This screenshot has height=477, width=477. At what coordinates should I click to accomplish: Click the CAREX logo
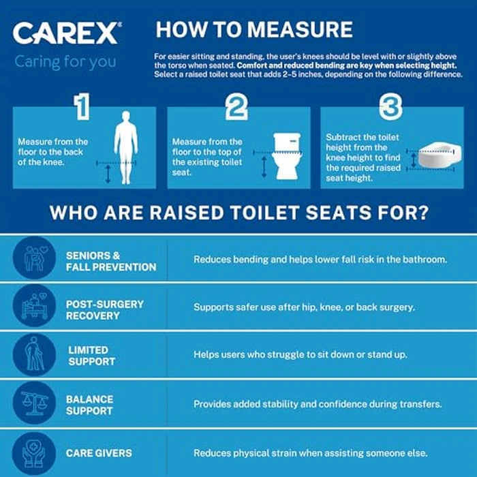[67, 33]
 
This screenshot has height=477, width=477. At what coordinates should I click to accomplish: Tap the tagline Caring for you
[65, 62]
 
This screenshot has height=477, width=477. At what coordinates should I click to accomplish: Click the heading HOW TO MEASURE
[254, 29]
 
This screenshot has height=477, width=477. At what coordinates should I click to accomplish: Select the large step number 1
[82, 106]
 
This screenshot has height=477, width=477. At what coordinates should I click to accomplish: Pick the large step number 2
[236, 107]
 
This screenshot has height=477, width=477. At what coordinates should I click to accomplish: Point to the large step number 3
[390, 106]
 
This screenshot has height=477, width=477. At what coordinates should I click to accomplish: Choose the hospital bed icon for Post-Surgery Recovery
[34, 307]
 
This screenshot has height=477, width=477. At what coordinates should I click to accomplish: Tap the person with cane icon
[34, 355]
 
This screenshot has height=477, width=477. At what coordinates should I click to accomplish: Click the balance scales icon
[34, 403]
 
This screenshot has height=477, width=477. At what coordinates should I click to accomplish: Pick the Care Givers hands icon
[34, 452]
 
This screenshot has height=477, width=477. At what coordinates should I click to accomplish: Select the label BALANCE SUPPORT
[90, 405]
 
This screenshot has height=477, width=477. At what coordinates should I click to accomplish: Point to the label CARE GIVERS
[99, 453]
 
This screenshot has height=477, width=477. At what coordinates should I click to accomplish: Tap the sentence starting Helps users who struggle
[298, 355]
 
